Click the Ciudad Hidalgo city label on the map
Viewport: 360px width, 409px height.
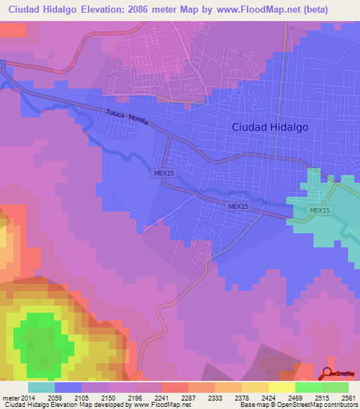[270, 127]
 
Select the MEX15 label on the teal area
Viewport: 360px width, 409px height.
[319, 211]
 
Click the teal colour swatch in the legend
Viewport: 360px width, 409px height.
[41, 387]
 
